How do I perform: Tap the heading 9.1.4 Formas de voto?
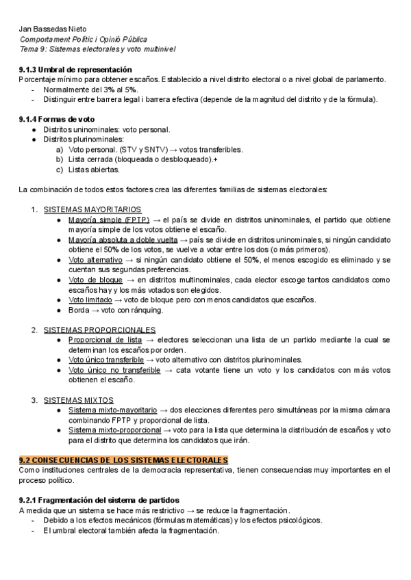(x=57, y=119)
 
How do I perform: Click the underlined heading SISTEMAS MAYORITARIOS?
(x=92, y=209)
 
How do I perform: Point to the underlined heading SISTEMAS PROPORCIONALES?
(x=99, y=330)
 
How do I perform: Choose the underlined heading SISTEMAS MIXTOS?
(x=79, y=399)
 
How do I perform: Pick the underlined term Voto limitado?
(x=90, y=300)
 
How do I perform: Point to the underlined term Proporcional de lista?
(x=105, y=340)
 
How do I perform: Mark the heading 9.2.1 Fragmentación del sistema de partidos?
(x=99, y=501)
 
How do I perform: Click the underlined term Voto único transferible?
(x=106, y=360)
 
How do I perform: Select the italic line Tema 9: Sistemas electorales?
(x=97, y=50)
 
